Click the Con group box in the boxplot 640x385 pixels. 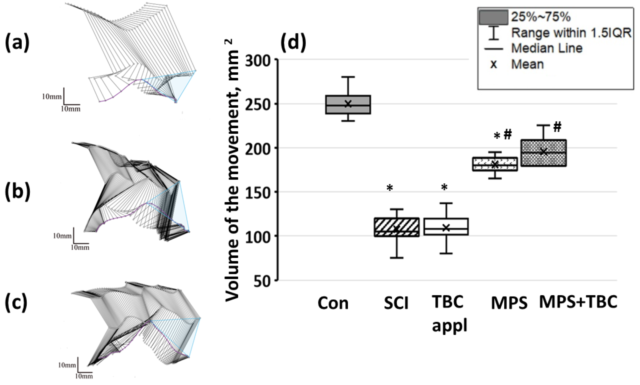pyautogui.click(x=348, y=105)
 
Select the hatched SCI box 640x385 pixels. pyautogui.click(x=396, y=227)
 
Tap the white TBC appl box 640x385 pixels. pyautogui.click(x=446, y=226)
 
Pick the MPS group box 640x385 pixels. pyautogui.click(x=495, y=164)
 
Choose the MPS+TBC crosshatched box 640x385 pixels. pyautogui.click(x=543, y=153)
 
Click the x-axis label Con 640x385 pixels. pyautogui.click(x=333, y=303)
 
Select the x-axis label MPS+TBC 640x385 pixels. pyautogui.click(x=578, y=302)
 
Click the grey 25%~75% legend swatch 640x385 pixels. pyautogui.click(x=493, y=17)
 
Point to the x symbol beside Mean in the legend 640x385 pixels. pyautogui.click(x=494, y=64)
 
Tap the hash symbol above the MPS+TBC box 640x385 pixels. pyautogui.click(x=557, y=127)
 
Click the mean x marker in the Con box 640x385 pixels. pyautogui.click(x=348, y=104)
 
